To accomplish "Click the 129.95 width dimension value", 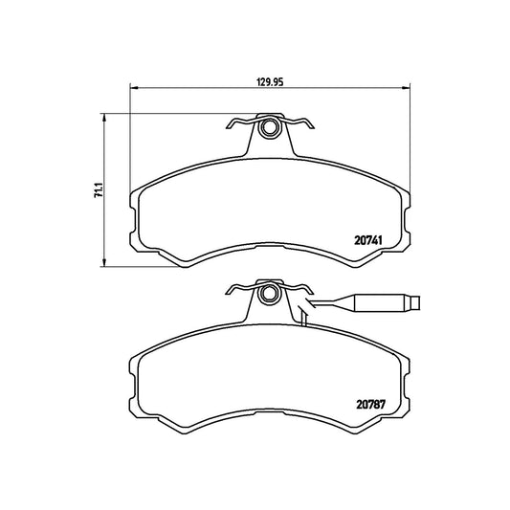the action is [x=270, y=81].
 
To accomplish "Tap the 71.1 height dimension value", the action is [x=99, y=190].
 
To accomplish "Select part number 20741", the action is [x=367, y=241].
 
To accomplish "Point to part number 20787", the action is [x=371, y=405].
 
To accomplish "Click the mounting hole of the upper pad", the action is [x=269, y=127].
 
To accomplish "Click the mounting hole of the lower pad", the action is [x=268, y=294].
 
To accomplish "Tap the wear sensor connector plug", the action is [x=381, y=302].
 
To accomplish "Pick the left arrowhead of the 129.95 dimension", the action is [x=134, y=87].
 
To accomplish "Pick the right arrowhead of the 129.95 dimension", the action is [x=406, y=87].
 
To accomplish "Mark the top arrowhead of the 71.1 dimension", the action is [x=104, y=118].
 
